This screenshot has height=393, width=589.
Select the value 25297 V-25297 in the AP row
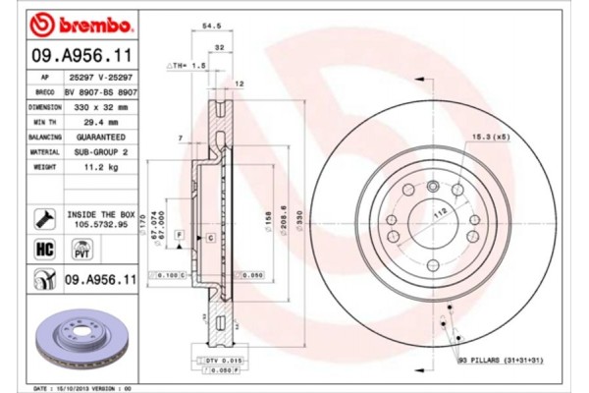pos(101,76)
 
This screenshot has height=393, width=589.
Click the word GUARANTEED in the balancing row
pos(100,137)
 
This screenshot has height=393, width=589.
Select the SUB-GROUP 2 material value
pos(99,152)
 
